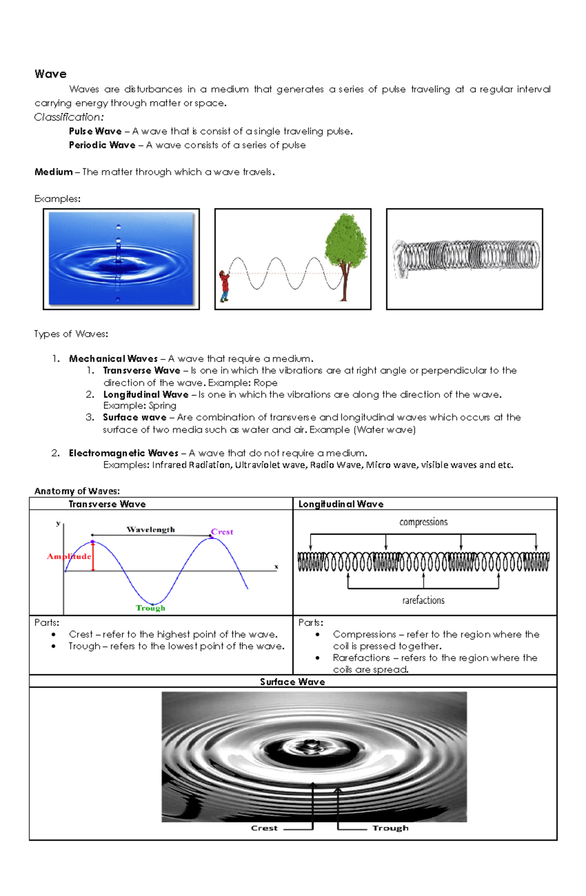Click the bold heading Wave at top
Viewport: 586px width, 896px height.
click(50, 74)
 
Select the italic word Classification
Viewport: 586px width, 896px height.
click(68, 117)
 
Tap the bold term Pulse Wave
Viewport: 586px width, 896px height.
click(95, 131)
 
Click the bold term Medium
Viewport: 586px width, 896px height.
click(53, 172)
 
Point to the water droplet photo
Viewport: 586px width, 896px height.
click(121, 259)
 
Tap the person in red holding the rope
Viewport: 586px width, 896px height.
click(224, 286)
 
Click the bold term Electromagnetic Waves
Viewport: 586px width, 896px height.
click(124, 453)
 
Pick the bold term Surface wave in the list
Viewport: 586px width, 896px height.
click(134, 417)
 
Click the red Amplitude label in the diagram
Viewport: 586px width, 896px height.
click(69, 556)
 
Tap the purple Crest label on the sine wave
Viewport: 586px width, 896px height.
click(222, 532)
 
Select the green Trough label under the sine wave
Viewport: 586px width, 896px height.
click(150, 608)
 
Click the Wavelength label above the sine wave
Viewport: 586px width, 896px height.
click(150, 530)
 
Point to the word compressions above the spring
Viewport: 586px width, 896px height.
click(423, 522)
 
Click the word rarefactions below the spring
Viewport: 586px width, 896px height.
click(423, 600)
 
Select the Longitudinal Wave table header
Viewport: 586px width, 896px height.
click(341, 504)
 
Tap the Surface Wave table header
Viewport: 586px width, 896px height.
click(293, 682)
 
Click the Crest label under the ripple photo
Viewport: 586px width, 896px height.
click(264, 828)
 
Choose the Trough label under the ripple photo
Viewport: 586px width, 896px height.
click(390, 828)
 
